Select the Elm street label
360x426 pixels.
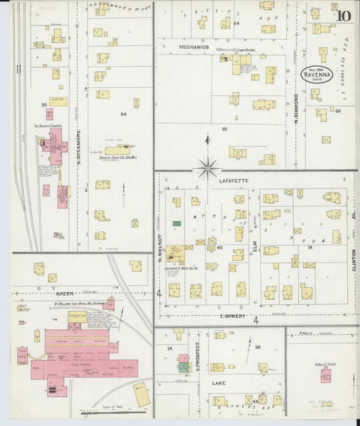pos(255,248)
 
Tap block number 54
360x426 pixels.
pos(123,114)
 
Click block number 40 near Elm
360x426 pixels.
pos(220,248)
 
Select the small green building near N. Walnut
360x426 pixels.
pos(177,223)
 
